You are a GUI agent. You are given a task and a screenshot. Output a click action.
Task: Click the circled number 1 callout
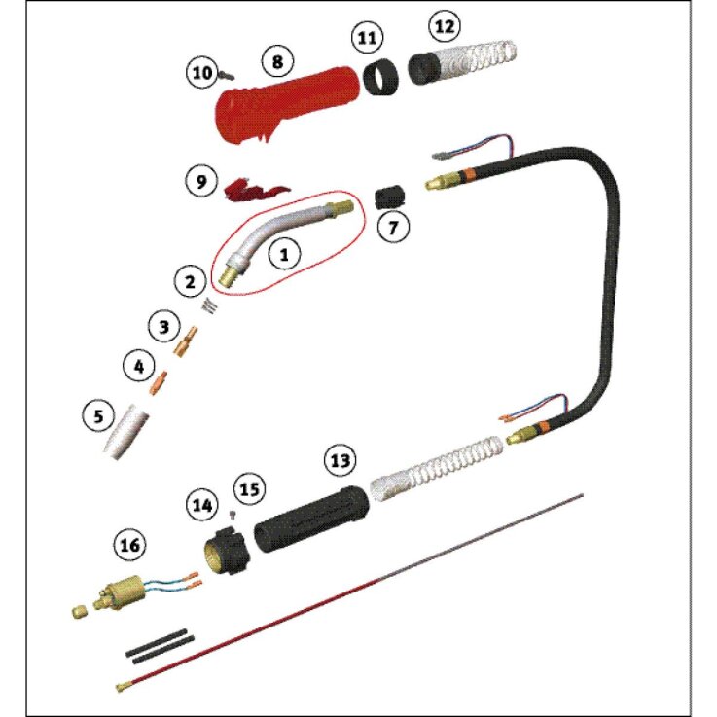point(284,254)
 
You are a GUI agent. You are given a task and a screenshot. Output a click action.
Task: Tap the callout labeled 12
point(445,26)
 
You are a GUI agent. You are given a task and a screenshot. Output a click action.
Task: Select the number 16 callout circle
point(129,545)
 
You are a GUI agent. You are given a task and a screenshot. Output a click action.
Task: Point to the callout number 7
point(393,227)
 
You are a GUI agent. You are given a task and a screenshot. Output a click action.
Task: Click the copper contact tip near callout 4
point(159,382)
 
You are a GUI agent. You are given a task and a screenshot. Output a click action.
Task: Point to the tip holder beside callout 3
point(186,341)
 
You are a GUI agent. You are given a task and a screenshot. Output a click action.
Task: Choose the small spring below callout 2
point(210,305)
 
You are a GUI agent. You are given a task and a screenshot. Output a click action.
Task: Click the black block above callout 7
point(389,197)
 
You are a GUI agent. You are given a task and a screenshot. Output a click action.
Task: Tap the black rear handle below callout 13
point(311,519)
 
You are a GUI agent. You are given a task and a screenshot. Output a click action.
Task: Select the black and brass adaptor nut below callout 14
point(227,550)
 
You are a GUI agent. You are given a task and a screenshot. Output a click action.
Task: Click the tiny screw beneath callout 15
point(233,515)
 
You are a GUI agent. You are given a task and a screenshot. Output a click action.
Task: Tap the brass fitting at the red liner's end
point(123,686)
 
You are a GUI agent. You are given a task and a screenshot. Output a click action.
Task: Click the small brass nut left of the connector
point(80,611)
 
